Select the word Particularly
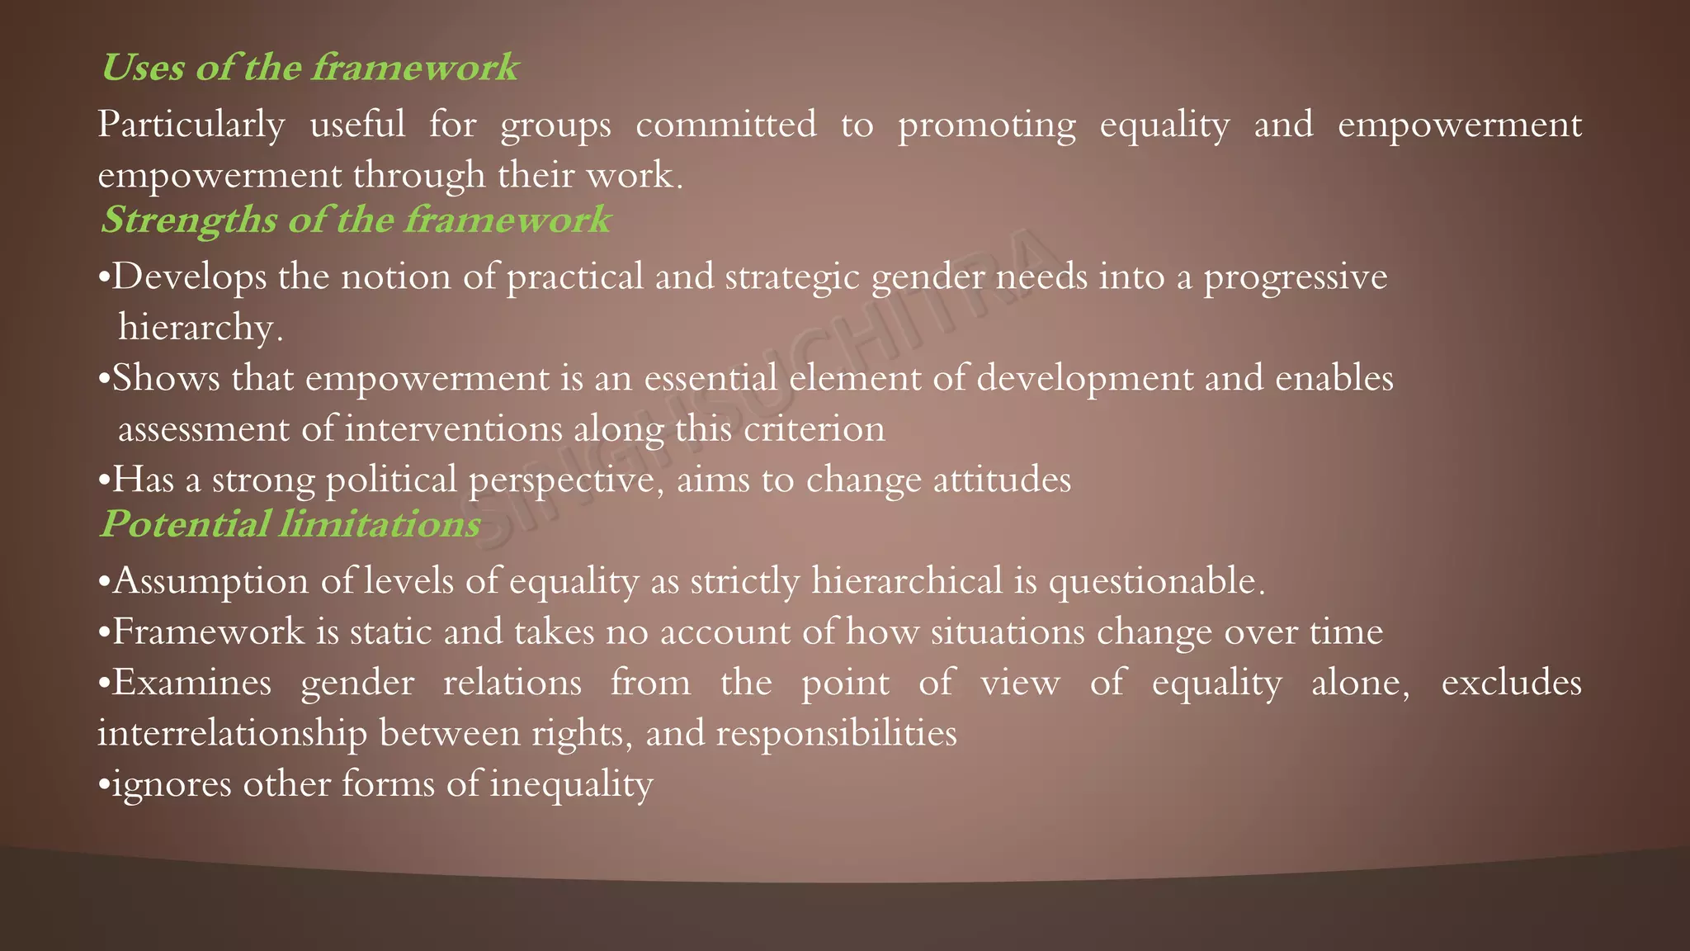pyautogui.click(x=191, y=125)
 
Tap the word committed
pyautogui.click(x=725, y=125)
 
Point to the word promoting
pyautogui.click(x=986, y=125)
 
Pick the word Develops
pyautogui.click(x=189, y=277)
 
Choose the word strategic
pyautogui.click(x=792, y=277)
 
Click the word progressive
pyautogui.click(x=1295, y=277)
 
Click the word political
pyautogui.click(x=391, y=480)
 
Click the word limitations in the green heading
pyautogui.click(x=380, y=525)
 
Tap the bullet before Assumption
pyautogui.click(x=104, y=582)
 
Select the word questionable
pyautogui.click(x=1155, y=582)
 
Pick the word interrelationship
pyautogui.click(x=232, y=734)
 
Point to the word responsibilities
pyautogui.click(x=836, y=734)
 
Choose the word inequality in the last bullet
pyautogui.click(x=571, y=784)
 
